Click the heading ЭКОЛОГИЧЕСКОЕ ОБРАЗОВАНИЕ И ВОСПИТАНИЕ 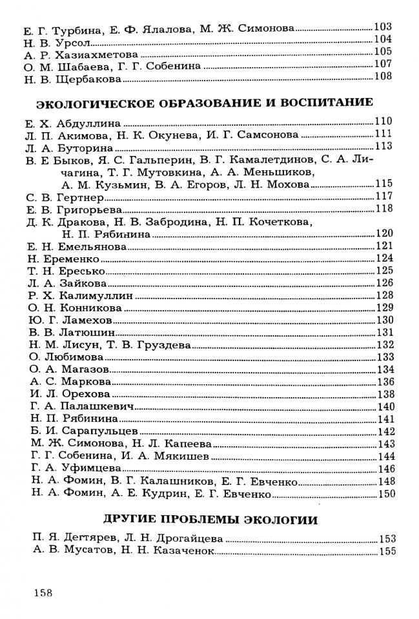tap(205, 103)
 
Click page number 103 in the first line tap(383, 28)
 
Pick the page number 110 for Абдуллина tap(383, 121)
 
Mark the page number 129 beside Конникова tap(384, 308)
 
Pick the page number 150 tap(384, 495)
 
